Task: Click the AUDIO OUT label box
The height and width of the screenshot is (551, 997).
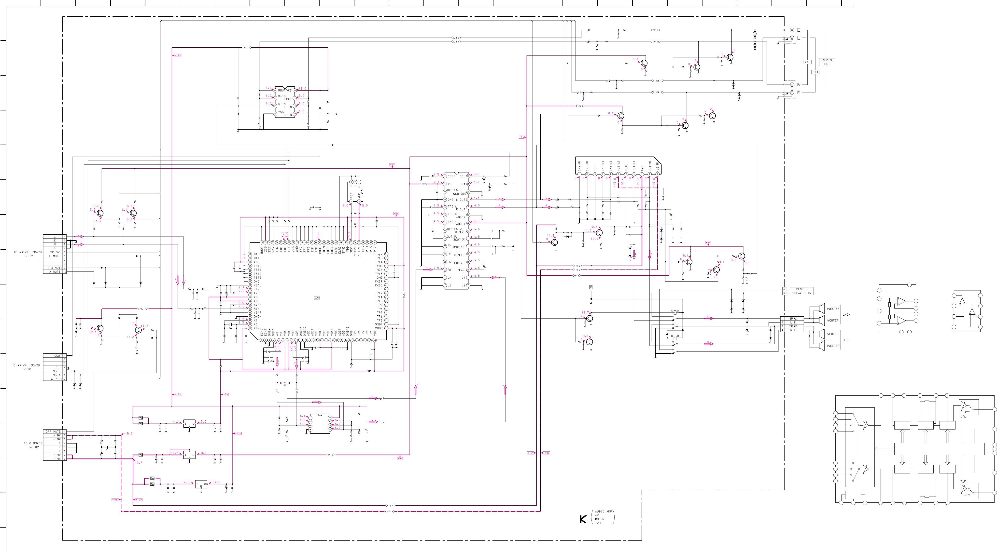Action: [827, 62]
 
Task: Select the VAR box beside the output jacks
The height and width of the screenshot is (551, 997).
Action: [807, 62]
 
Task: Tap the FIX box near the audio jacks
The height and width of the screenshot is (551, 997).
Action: [815, 72]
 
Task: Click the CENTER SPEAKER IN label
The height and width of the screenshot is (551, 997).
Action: [801, 291]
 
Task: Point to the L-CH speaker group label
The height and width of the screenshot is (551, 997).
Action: [846, 315]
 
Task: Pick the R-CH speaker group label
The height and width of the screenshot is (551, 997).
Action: [846, 340]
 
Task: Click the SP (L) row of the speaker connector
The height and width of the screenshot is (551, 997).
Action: [793, 319]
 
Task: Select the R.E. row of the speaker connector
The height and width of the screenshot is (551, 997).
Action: [793, 330]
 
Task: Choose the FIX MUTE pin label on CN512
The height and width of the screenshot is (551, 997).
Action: [55, 268]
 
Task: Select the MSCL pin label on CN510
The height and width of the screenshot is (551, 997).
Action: [56, 371]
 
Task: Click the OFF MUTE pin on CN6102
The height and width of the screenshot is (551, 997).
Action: [53, 431]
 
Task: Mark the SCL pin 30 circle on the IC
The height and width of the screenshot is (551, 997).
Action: [468, 176]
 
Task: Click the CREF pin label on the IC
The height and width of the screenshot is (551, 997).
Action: [451, 176]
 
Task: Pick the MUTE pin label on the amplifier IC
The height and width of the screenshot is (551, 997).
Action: [626, 167]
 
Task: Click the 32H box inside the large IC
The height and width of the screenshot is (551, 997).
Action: [317, 298]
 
